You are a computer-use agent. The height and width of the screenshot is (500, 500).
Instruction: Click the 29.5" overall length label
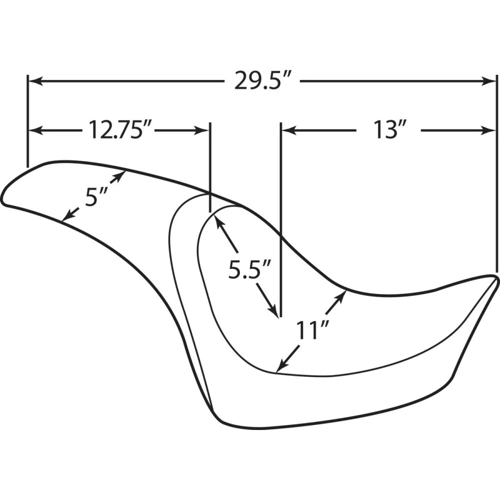(263, 81)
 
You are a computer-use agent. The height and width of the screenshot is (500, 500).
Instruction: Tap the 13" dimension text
(388, 130)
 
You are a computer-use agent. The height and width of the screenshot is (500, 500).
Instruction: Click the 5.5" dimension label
(250, 270)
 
